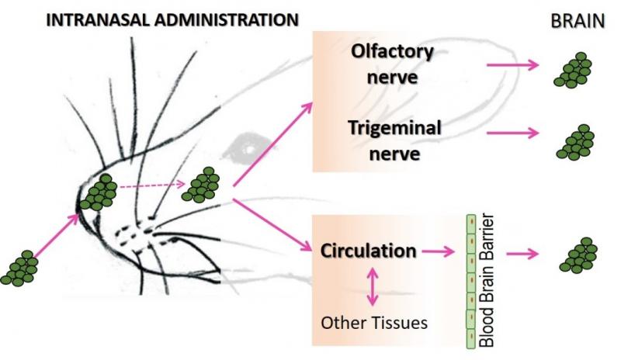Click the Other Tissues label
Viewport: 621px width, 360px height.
[x=374, y=322]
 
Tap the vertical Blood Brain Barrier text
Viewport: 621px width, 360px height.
[x=487, y=282]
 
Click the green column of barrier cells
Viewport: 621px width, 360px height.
[x=470, y=282]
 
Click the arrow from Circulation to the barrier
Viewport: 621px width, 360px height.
[x=439, y=251]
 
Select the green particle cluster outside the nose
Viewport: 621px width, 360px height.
[x=20, y=268]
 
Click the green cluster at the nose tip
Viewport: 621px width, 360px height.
[x=99, y=192]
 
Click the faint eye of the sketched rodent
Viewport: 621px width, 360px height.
[x=250, y=145]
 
